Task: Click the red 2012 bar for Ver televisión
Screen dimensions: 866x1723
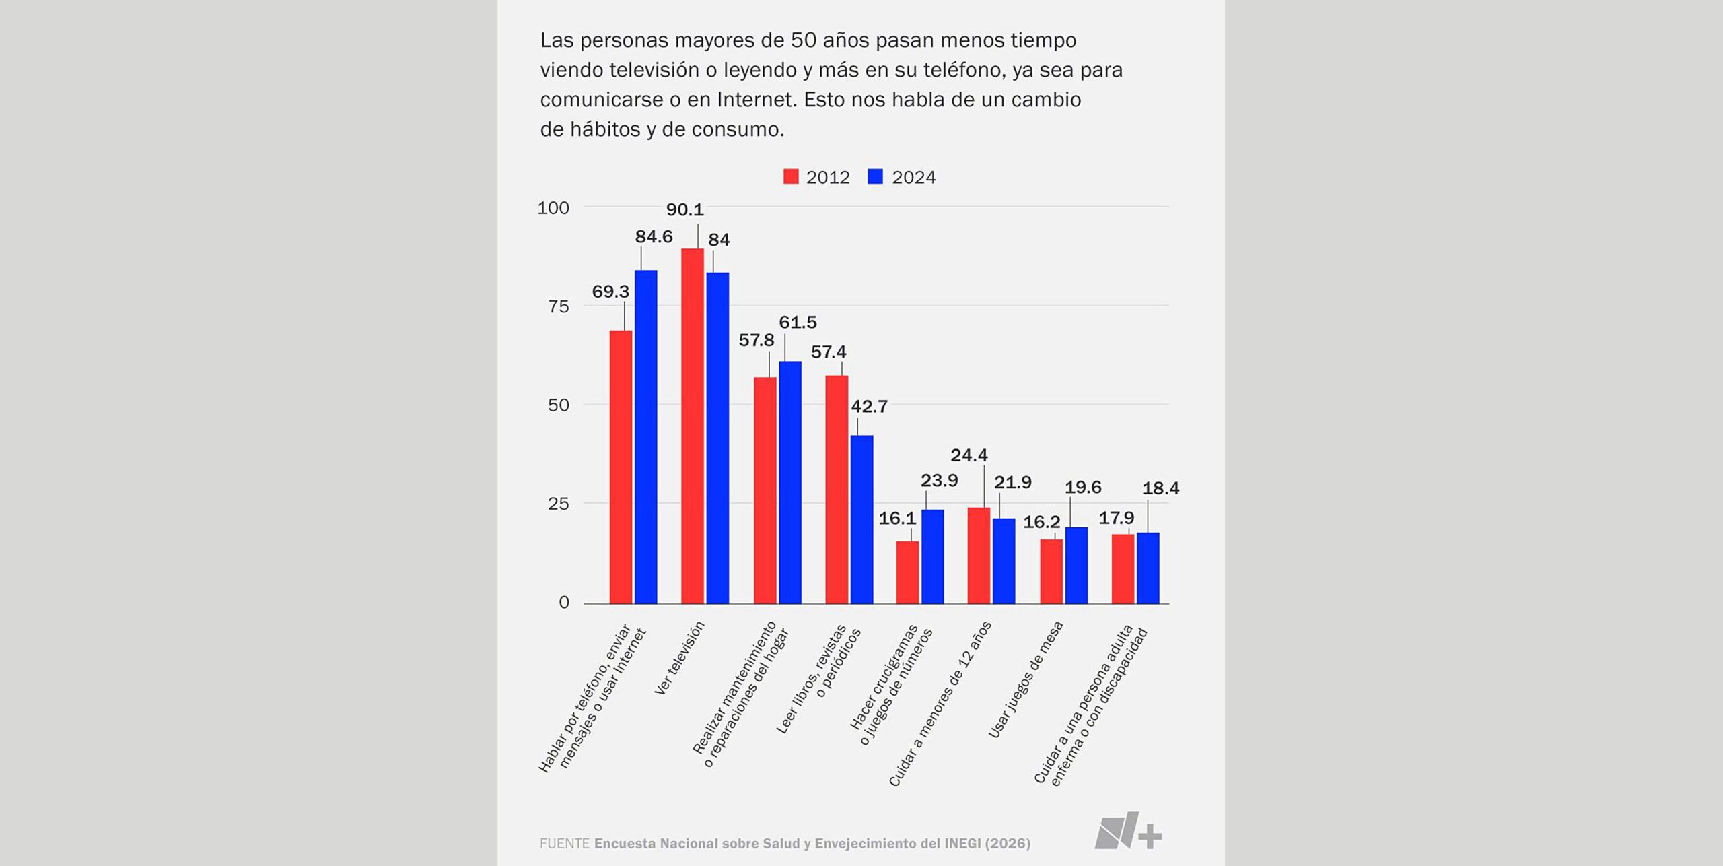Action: (x=693, y=426)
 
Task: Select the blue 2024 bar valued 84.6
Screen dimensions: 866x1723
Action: (x=646, y=436)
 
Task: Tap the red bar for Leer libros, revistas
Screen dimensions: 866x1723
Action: (x=837, y=489)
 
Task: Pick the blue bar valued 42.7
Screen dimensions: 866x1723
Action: (x=862, y=519)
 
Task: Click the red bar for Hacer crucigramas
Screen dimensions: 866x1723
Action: (x=907, y=572)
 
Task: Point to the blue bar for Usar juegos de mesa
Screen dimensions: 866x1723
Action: (x=1076, y=565)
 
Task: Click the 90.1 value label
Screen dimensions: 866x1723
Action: (x=684, y=210)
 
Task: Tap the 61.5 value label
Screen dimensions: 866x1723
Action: (x=798, y=323)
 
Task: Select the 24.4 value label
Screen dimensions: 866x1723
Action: (x=969, y=455)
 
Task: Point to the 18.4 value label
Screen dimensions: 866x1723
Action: (x=1160, y=488)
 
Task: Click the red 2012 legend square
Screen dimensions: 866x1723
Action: (x=791, y=176)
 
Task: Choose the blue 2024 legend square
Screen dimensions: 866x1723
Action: (x=875, y=176)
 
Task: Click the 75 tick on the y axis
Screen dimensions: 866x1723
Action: (x=558, y=307)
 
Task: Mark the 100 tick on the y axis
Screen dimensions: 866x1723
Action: (x=553, y=208)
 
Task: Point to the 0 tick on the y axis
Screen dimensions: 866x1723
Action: (x=564, y=603)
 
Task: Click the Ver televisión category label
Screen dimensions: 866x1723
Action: (x=680, y=658)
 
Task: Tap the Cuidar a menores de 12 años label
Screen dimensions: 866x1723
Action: (x=940, y=704)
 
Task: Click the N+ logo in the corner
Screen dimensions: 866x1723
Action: (x=1127, y=831)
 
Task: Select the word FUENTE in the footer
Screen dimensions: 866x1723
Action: (x=565, y=844)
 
